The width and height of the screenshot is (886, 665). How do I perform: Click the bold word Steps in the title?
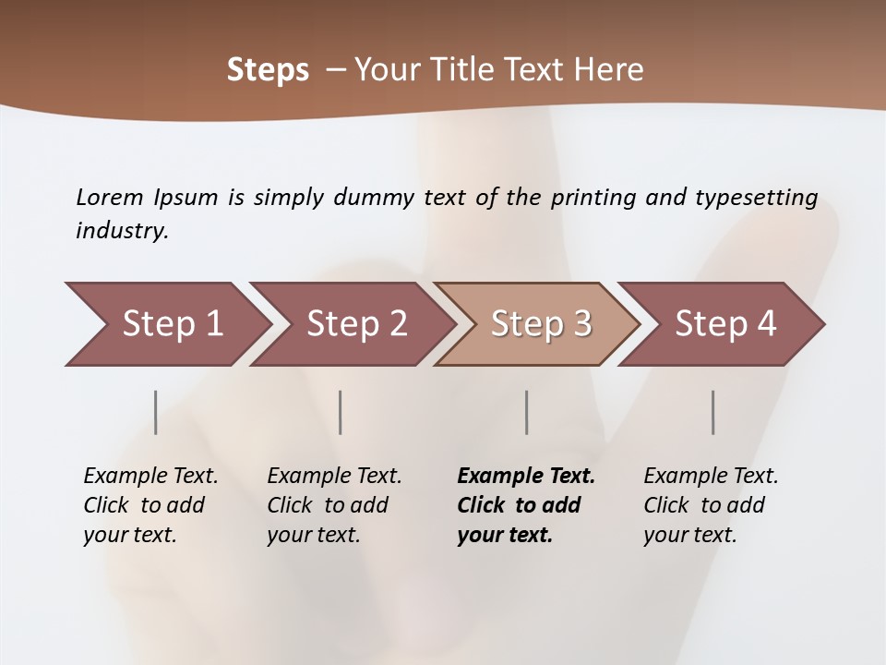tap(268, 70)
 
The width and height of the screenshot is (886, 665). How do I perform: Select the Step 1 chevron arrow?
tap(166, 324)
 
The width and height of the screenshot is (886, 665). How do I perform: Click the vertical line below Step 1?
tap(156, 412)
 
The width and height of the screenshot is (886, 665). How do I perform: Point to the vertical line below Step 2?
tap(341, 412)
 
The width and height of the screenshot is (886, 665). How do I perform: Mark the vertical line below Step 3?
tap(527, 412)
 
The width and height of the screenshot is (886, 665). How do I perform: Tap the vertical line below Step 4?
tap(713, 412)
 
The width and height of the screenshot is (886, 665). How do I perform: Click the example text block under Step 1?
tap(150, 505)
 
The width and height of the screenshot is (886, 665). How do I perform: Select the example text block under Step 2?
tap(334, 505)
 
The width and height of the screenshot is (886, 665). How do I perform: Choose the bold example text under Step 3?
tap(526, 505)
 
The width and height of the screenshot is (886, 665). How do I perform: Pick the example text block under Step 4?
tap(711, 505)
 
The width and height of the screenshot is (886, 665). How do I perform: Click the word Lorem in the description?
tap(110, 198)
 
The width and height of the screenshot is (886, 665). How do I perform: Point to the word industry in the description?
tap(122, 231)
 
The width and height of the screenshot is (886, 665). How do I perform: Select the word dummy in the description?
tap(374, 198)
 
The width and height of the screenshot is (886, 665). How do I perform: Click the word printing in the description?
tap(593, 198)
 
